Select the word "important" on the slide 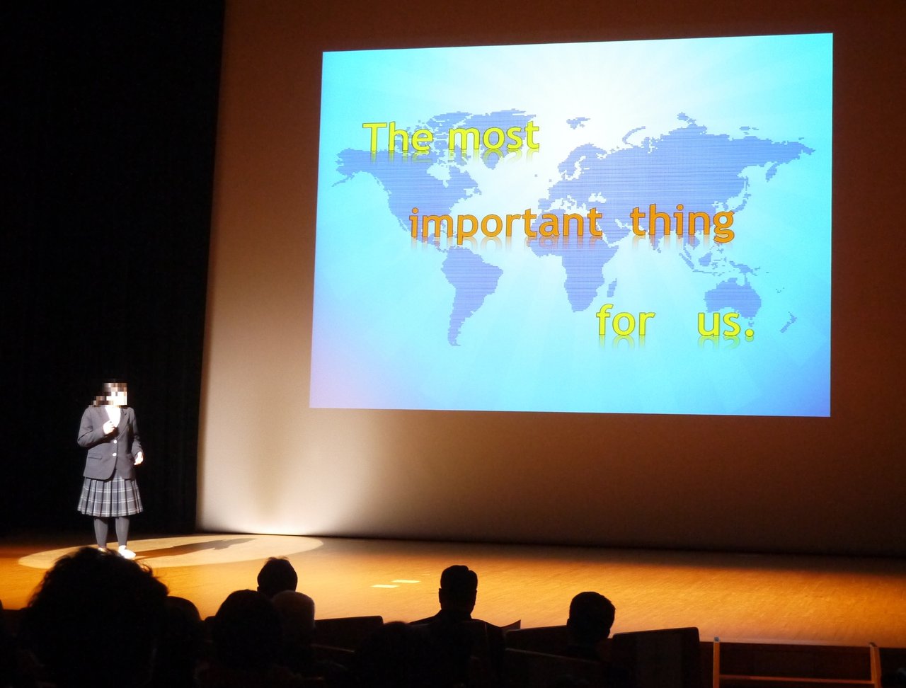point(506,224)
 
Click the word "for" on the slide point(625,320)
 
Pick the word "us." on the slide point(726,323)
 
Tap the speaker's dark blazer point(110,442)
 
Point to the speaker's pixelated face point(111,394)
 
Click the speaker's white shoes point(120,551)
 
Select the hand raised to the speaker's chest point(109,427)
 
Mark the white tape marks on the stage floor point(396,583)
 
